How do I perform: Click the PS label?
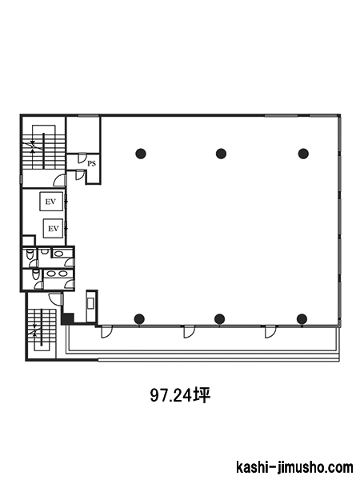91,163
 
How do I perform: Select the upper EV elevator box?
51,201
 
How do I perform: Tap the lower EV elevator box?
54,228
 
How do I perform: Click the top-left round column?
141,154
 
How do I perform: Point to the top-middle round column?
221,154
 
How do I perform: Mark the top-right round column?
303,154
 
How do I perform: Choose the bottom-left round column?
139,318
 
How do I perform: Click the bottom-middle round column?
220,318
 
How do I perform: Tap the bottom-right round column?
302,318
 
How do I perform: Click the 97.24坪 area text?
180,395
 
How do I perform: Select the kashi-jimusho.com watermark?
294,467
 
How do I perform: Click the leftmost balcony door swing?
107,332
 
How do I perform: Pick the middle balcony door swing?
189,332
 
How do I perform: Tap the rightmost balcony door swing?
270,332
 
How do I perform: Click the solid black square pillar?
67,318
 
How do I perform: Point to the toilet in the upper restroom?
30,254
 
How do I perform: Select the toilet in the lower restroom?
36,274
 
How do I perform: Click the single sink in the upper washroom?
58,253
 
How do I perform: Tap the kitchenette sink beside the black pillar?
91,303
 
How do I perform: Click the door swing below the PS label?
80,174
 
